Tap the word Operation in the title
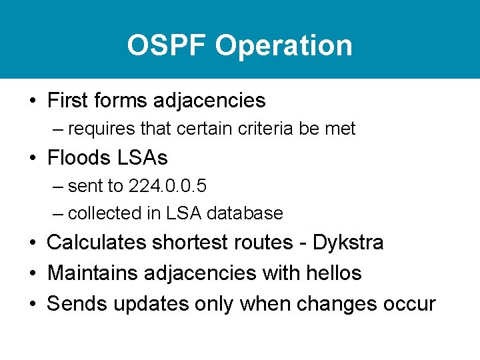(284, 45)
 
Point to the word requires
(100, 129)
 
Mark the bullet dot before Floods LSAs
(32, 159)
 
